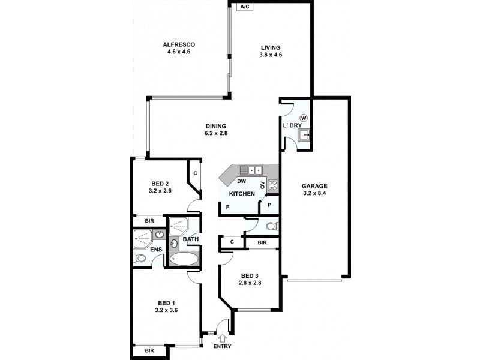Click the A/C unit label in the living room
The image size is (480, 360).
(x=245, y=7)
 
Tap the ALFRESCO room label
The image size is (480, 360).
(x=179, y=44)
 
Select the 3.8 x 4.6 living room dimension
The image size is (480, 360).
(x=271, y=55)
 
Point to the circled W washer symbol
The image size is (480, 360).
(x=304, y=118)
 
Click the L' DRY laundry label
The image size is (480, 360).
(x=292, y=125)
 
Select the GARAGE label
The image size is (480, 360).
(x=314, y=185)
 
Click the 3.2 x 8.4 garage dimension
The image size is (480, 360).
(x=314, y=193)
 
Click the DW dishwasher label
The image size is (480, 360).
(x=241, y=181)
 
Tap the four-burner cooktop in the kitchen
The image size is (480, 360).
(x=272, y=185)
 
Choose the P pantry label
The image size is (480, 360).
(x=269, y=205)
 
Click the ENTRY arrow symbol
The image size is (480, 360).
(x=221, y=337)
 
